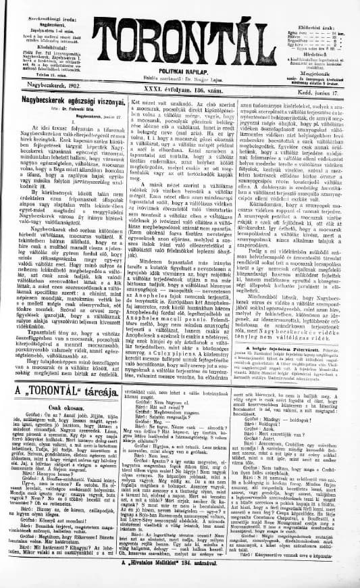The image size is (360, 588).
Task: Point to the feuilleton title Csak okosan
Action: point(61,410)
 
